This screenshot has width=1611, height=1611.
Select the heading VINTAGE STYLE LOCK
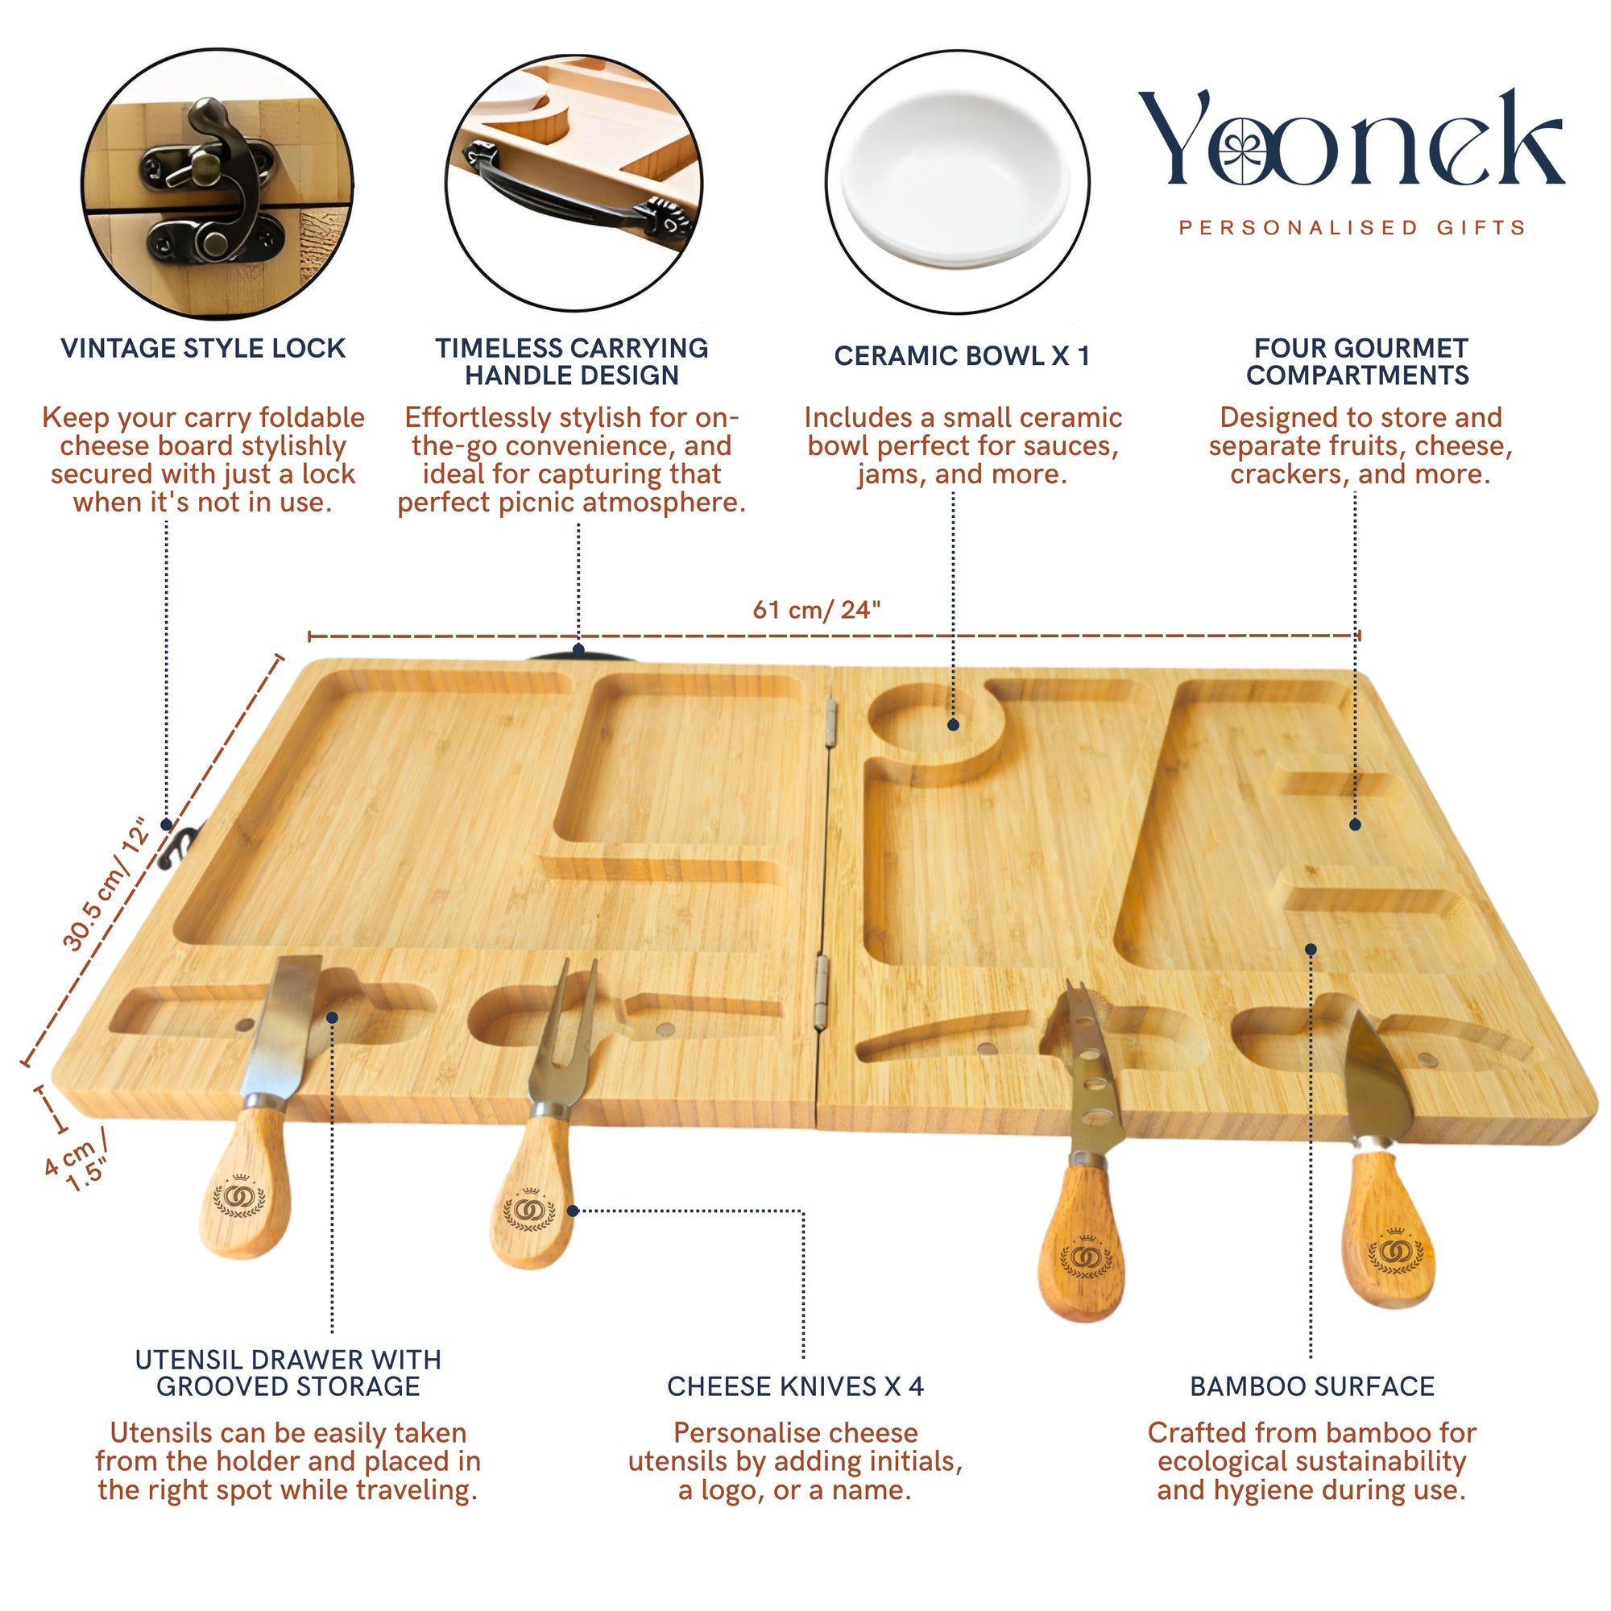(x=203, y=348)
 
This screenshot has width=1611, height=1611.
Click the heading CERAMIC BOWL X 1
(x=962, y=356)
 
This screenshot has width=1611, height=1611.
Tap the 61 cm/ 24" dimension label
(x=816, y=610)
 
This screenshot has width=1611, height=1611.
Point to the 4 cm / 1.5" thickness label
(x=77, y=1160)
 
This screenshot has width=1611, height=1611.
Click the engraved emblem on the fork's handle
(x=528, y=1210)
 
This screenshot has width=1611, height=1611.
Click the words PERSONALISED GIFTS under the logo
(x=1352, y=228)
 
